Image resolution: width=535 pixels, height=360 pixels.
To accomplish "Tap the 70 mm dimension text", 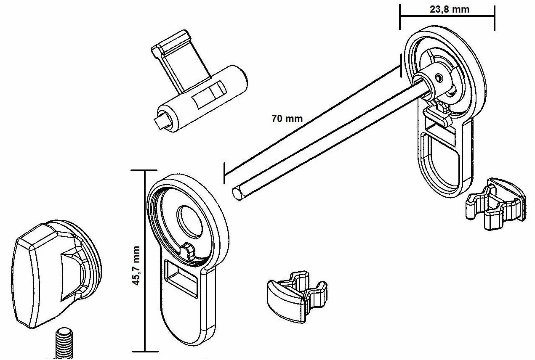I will pyautogui.click(x=287, y=118).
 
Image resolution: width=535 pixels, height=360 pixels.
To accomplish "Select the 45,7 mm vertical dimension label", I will pyautogui.click(x=136, y=265).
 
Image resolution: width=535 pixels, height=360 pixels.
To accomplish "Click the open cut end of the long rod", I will pyautogui.click(x=238, y=194).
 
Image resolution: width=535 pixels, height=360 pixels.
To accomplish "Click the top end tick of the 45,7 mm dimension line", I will pyautogui.click(x=145, y=170).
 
